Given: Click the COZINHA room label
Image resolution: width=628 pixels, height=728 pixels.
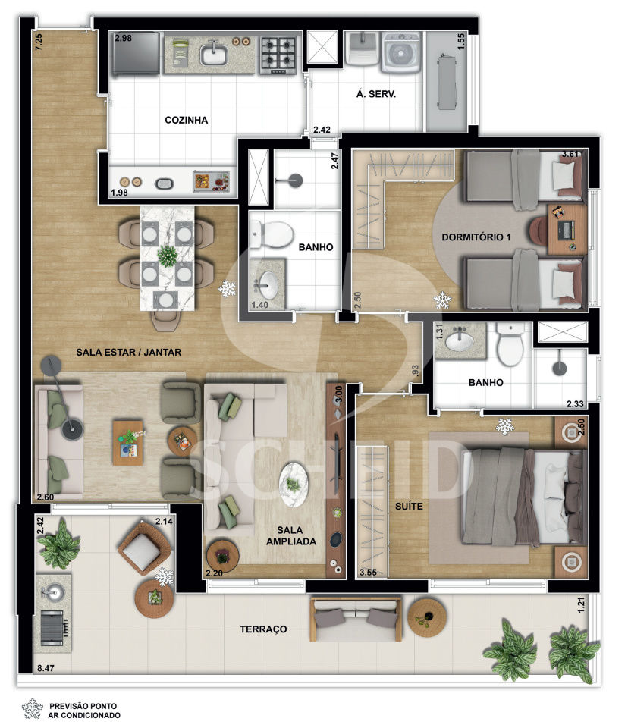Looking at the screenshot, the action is coord(187,121).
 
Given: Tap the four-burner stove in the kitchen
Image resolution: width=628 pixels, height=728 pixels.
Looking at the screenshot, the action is coord(278,55).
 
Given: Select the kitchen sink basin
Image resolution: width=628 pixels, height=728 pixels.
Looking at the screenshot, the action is coord(214,55).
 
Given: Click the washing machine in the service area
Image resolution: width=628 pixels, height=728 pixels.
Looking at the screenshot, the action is coord(401,52).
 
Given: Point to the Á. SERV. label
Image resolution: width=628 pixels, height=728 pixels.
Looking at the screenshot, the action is coord(376,94).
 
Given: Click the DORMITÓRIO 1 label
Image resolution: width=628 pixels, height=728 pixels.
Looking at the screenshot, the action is coord(476,237).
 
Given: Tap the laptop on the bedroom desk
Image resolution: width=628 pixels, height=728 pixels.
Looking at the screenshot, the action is coord(566,231).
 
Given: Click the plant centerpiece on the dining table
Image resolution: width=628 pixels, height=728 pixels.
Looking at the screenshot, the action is coord(167,255).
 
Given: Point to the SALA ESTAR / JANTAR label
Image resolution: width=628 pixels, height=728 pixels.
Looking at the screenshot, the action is coord(129,353).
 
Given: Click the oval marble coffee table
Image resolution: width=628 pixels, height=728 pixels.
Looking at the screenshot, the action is coord(294,485).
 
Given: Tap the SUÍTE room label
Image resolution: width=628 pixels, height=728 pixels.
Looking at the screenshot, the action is coord(409,506).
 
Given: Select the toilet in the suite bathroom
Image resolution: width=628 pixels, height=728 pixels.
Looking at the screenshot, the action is coord(510,344).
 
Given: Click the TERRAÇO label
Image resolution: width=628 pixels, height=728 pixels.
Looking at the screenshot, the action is coord(263,629).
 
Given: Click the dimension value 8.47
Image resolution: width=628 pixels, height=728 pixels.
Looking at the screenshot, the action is coord(46,668).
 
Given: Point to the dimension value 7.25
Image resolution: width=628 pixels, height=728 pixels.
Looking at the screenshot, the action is coord(39,42).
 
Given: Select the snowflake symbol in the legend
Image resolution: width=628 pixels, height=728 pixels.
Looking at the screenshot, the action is coord(32,709).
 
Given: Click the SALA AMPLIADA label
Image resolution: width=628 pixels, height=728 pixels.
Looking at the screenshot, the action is coord(291,536).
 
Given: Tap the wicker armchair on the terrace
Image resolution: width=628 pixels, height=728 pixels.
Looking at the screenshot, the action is coord(143,549).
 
